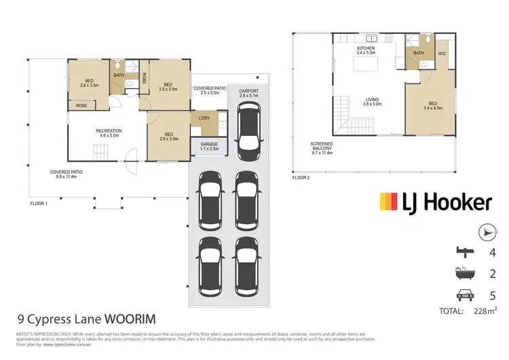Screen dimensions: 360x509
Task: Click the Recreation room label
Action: [x=109, y=133]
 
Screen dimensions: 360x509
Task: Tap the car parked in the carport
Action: [x=250, y=130]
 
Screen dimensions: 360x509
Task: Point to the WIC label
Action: [x=442, y=53]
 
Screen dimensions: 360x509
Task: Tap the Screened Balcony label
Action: [x=321, y=148]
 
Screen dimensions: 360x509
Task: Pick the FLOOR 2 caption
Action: [x=301, y=178]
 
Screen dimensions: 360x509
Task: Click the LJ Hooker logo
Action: [x=435, y=201]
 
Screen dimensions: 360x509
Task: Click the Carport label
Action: [x=250, y=93]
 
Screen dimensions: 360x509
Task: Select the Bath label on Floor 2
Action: [x=419, y=53]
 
